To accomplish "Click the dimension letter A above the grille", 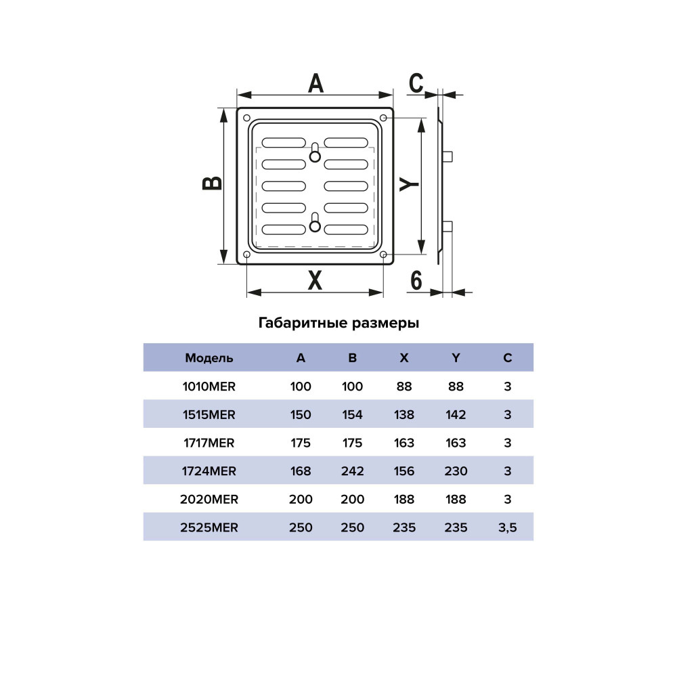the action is (x=315, y=83).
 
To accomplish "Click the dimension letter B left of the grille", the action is (x=212, y=183).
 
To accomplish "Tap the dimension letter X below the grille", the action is (x=315, y=280).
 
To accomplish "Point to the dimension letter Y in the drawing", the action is (x=408, y=184).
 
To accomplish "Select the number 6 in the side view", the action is (x=416, y=281).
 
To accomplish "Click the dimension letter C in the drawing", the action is (x=416, y=83).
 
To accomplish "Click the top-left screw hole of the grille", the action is (x=247, y=118).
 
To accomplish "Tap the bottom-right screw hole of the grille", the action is (x=383, y=255).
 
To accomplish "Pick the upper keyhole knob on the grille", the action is (x=315, y=156).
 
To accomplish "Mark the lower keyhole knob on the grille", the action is (x=315, y=226).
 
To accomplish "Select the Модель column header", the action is (x=209, y=358).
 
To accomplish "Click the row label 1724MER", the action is (x=209, y=471).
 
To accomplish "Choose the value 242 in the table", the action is (x=352, y=471).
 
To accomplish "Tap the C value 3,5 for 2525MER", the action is (x=507, y=527).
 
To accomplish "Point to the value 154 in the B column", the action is (x=352, y=414).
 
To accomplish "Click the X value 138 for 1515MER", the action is (x=404, y=414).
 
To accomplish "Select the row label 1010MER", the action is (x=209, y=387).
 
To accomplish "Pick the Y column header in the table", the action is (x=456, y=358).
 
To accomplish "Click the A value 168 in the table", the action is (x=301, y=471).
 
